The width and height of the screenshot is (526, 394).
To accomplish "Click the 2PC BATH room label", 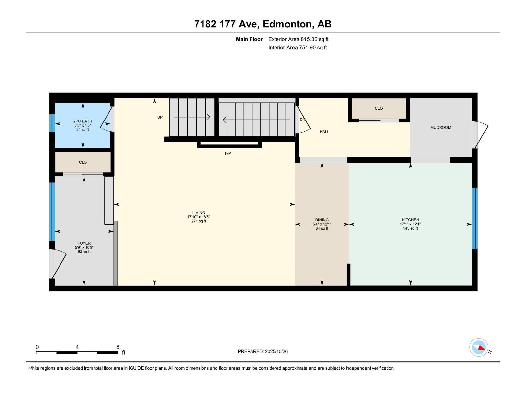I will pos(83,121).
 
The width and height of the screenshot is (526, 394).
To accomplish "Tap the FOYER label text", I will pos(84,243).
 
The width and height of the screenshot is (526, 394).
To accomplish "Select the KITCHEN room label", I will pos(410,220).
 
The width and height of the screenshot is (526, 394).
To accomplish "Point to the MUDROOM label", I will pos(441,127).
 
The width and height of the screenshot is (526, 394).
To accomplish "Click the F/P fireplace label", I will pos(228,153).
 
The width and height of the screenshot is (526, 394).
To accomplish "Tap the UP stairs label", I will pos(160,117).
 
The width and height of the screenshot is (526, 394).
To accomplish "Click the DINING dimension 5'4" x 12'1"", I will pos(322,224).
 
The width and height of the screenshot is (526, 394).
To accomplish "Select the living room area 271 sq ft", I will pos(199,221).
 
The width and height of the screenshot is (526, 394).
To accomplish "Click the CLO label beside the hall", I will pos(379,108).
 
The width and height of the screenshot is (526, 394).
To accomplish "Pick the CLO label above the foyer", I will pos(83,162).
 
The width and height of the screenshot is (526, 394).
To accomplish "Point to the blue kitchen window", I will pos(474,218).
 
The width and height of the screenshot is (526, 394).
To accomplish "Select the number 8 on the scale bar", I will pos(118,347).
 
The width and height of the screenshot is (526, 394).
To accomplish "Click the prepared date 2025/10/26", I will pos(276,351).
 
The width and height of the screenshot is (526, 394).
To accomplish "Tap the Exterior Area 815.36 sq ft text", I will pos(298,39).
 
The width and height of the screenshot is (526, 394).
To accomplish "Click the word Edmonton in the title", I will pos(287,24).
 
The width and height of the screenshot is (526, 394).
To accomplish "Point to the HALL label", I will pos(324,132).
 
